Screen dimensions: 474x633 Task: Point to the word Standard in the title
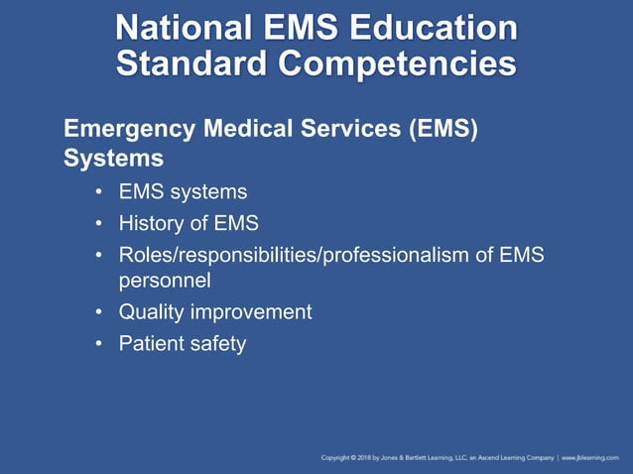pyautogui.click(x=192, y=63)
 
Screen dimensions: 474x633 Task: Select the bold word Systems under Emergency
pyautogui.click(x=113, y=158)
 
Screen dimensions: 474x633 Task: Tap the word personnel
pyautogui.click(x=165, y=281)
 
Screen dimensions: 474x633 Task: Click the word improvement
pyautogui.click(x=253, y=312)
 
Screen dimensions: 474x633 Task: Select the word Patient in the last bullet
pyautogui.click(x=153, y=344)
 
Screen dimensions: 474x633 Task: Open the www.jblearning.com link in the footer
pyautogui.click(x=592, y=458)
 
